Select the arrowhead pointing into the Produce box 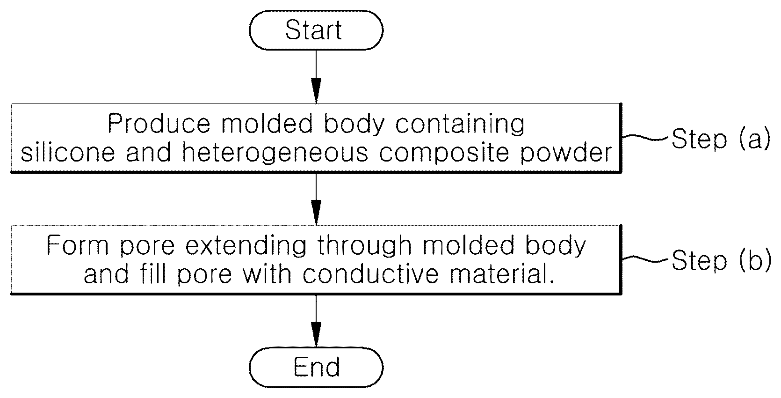click(x=316, y=91)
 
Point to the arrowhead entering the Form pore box click(x=316, y=213)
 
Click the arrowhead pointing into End click(x=316, y=334)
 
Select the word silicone click(x=68, y=152)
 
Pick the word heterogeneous click(x=275, y=154)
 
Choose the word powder click(x=566, y=154)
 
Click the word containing click(x=460, y=124)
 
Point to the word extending click(x=246, y=246)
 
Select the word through click(x=364, y=246)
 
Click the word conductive click(x=371, y=274)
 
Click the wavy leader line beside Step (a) click(x=646, y=138)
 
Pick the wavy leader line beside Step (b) click(x=646, y=259)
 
